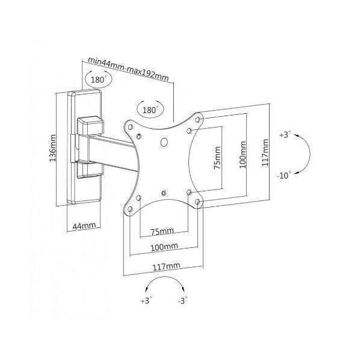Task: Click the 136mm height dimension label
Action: click(53, 148)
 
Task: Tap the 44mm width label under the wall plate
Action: click(84, 226)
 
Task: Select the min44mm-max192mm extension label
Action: click(129, 69)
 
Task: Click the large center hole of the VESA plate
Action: click(164, 142)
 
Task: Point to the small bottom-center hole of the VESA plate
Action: click(164, 193)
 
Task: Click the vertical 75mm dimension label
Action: click(217, 158)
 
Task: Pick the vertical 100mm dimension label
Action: click(242, 155)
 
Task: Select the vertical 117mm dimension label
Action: click(265, 152)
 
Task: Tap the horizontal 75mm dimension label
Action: click(162, 231)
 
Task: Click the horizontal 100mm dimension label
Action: click(164, 247)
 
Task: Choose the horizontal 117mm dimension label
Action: click(166, 267)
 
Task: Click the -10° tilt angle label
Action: click(284, 176)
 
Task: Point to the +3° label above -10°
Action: click(285, 134)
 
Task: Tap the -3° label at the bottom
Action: click(182, 300)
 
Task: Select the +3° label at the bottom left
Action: click(146, 300)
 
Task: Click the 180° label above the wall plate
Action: click(98, 79)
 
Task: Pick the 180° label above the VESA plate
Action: click(150, 110)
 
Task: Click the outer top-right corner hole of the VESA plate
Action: click(197, 120)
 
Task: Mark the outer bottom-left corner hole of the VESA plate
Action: click(130, 209)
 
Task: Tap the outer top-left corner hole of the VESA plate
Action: click(130, 127)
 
